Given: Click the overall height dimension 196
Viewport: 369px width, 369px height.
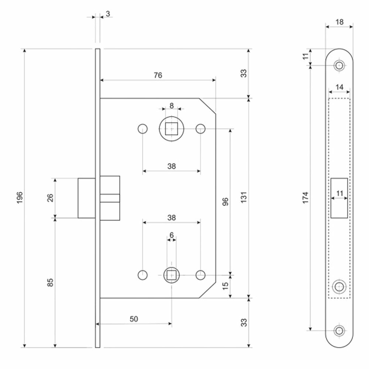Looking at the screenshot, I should [20, 198].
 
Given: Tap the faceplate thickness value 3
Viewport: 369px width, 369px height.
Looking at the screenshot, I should [107, 14].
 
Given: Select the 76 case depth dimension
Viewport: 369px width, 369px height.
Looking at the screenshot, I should [158, 75].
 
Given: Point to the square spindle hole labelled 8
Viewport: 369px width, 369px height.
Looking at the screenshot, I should [171, 129].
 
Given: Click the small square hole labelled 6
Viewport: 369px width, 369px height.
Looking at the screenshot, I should [171, 275].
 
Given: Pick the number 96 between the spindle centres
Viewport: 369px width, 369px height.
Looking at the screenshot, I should [226, 201].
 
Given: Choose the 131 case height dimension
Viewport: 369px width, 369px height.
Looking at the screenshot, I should [244, 198].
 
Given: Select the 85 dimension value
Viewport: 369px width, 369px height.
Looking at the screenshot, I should [51, 282].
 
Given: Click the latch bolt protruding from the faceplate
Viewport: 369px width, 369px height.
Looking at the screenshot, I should [87, 198].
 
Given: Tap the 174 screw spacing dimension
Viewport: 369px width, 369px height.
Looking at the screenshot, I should [305, 198].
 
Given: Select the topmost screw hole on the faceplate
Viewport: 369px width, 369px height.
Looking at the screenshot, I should [339, 66].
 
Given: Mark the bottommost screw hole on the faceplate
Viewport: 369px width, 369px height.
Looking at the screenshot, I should [339, 330].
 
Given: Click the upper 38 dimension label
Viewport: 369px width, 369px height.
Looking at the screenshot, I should [171, 166].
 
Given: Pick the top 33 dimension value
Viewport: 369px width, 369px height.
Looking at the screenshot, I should [244, 73].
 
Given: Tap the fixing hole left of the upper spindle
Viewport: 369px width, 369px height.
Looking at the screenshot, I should [142, 129].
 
